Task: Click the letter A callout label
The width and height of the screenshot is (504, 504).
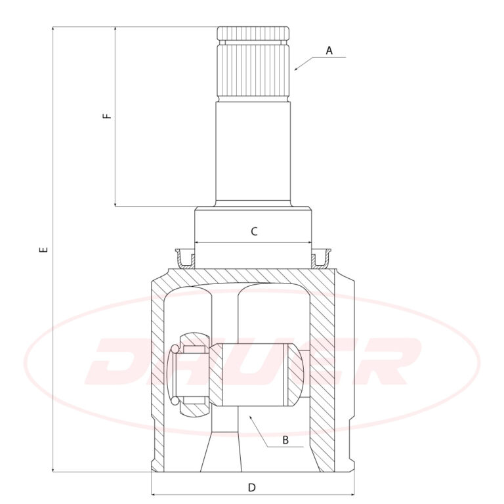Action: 329,51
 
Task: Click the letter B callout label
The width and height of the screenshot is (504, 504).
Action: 285,440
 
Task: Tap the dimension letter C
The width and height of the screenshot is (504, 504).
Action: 254,231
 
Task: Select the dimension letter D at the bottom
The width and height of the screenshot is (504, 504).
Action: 252,488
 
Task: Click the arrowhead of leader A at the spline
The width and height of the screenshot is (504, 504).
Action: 297,69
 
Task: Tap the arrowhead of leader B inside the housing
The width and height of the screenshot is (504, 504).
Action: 251,417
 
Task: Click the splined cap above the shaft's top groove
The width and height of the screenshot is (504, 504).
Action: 253,33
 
